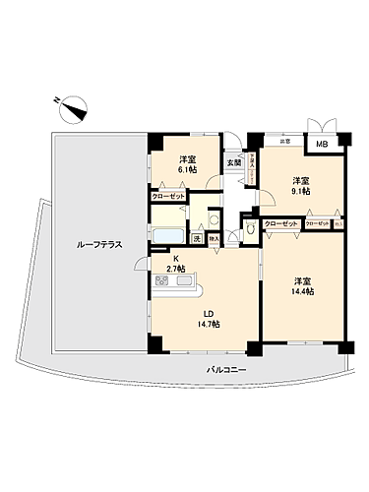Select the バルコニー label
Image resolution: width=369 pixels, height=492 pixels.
pos(227,368)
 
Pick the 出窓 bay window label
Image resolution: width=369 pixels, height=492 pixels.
pos(284,141)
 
